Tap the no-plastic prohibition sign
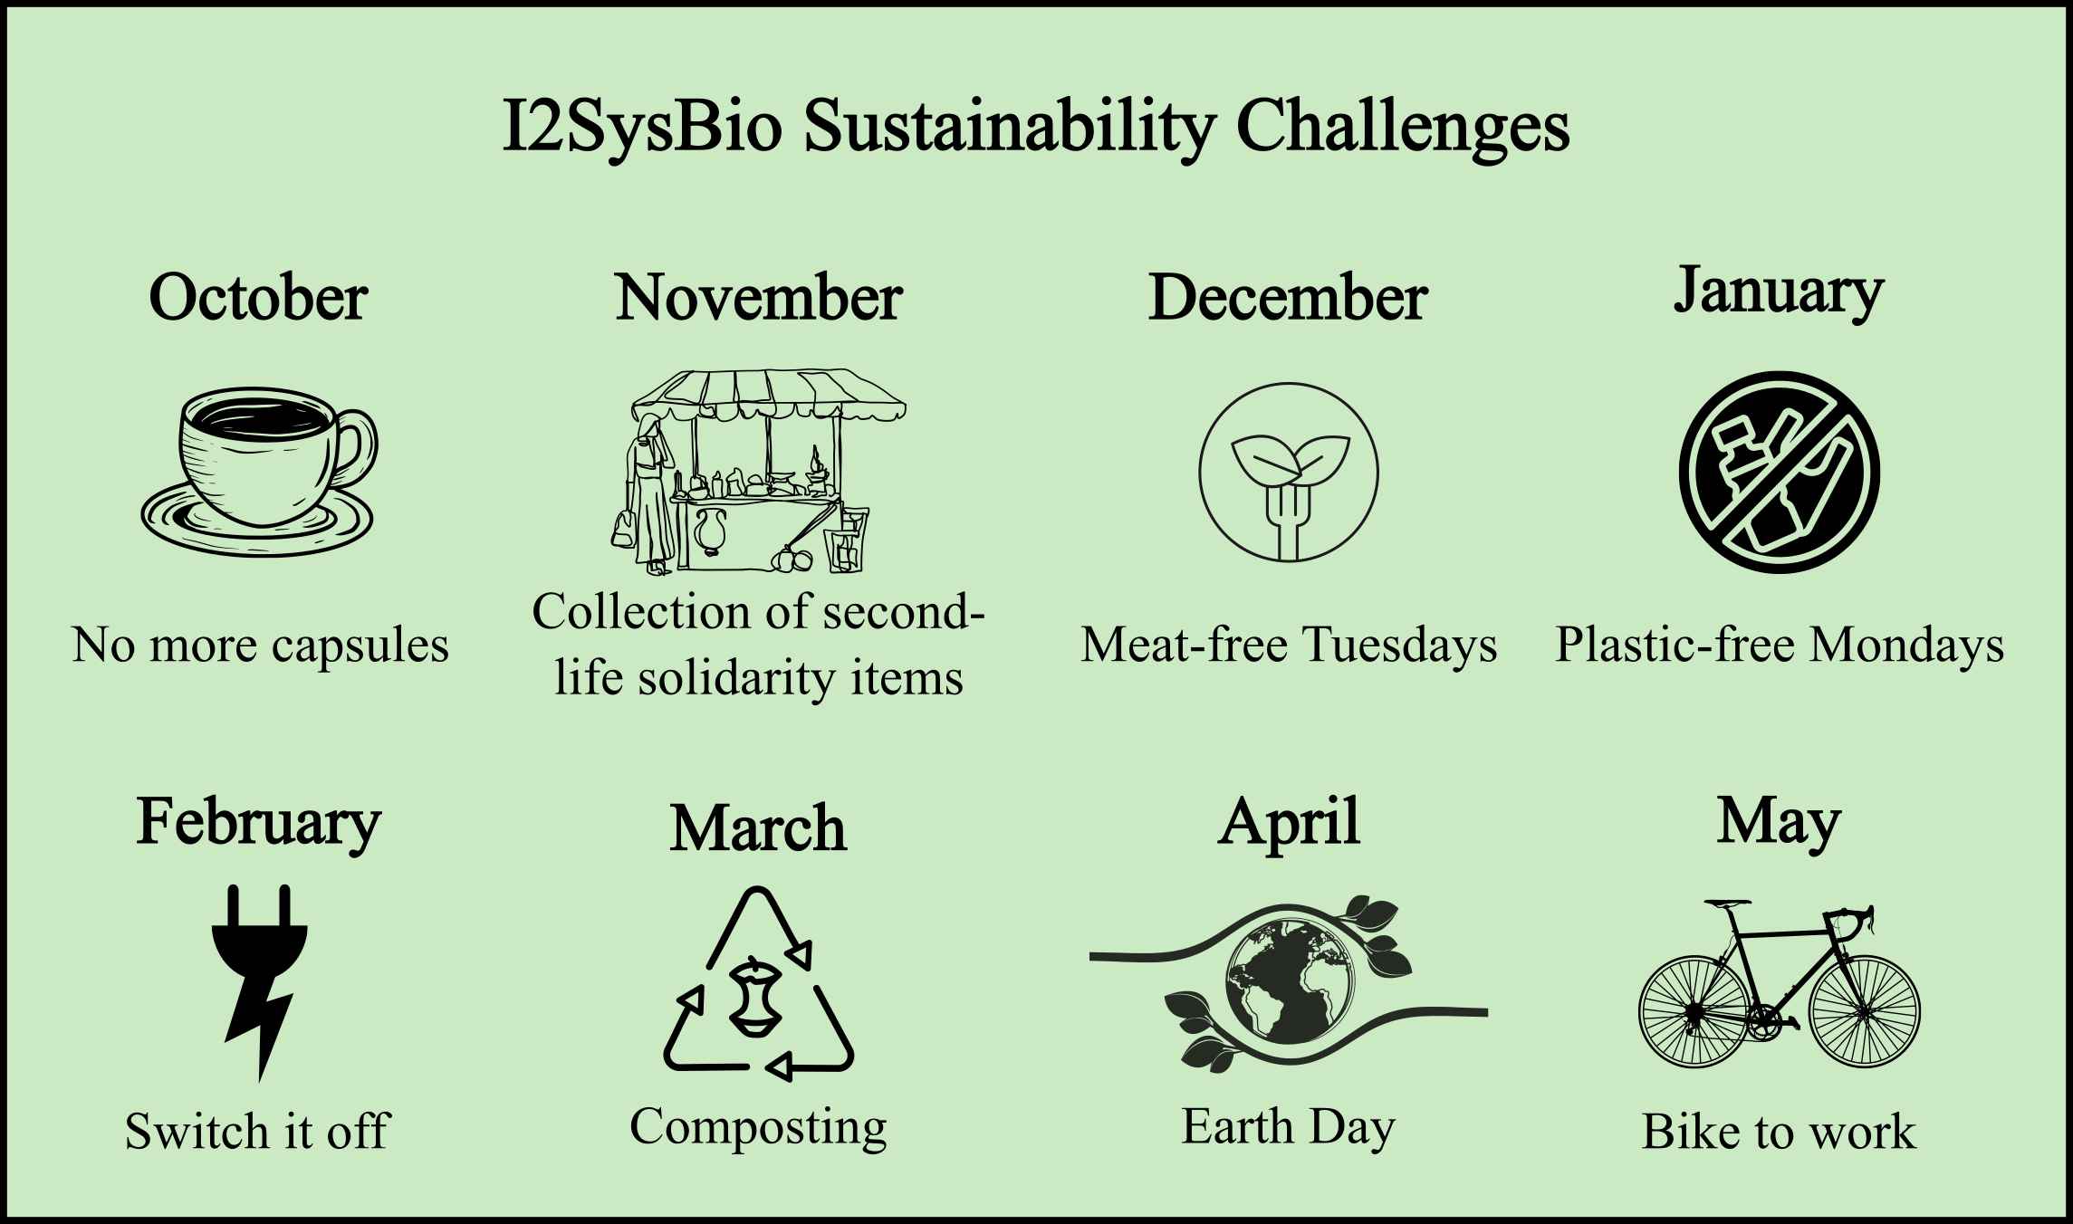pos(1779,472)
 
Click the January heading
pos(1779,292)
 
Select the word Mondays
pos(1906,646)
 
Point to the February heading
pos(259,824)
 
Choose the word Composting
pos(758,1129)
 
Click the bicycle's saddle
pos(1727,904)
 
